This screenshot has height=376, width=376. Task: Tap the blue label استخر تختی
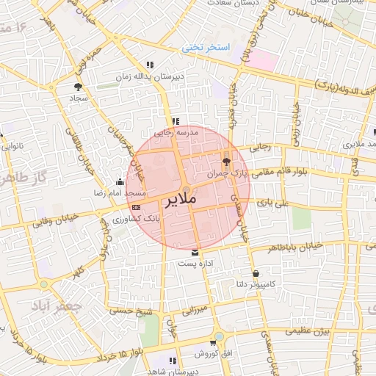pyautogui.click(x=206, y=48)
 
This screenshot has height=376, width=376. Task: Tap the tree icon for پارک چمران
pyautogui.click(x=225, y=162)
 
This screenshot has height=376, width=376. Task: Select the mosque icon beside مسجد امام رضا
pyautogui.click(x=120, y=182)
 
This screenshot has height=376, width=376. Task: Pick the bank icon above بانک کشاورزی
pyautogui.click(x=137, y=208)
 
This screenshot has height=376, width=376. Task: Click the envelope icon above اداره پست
pyautogui.click(x=195, y=252)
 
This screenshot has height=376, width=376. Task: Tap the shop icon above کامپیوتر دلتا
pyautogui.click(x=254, y=273)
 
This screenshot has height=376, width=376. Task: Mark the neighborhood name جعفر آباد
pyautogui.click(x=49, y=305)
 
